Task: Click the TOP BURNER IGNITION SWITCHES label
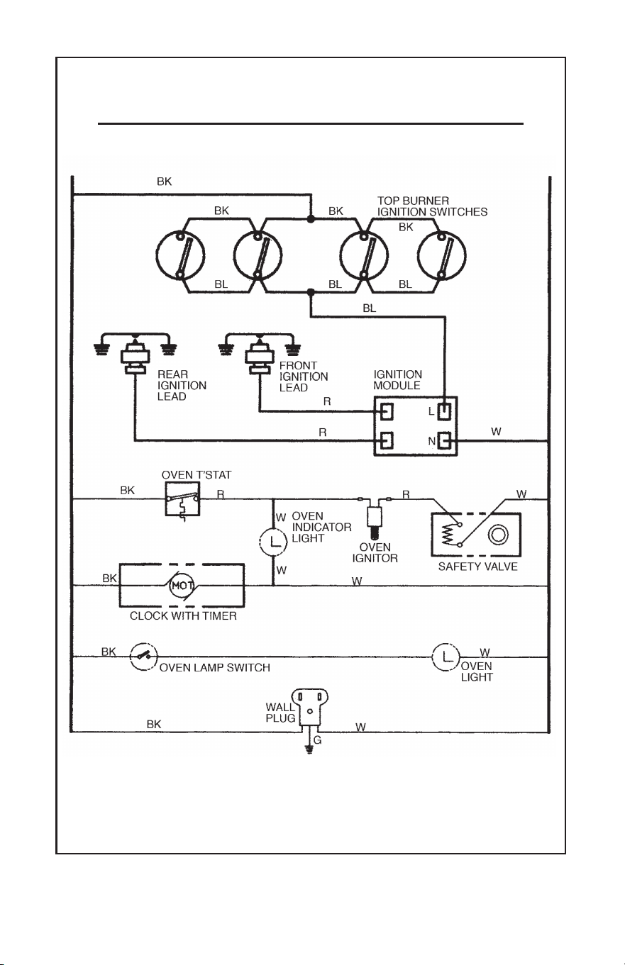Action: pyautogui.click(x=432, y=206)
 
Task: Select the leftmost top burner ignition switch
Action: pyautogui.click(x=180, y=255)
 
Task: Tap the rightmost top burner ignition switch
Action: pyautogui.click(x=442, y=255)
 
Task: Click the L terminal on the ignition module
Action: pyautogui.click(x=444, y=411)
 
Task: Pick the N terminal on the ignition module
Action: pyautogui.click(x=444, y=441)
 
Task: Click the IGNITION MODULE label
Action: pyautogui.click(x=397, y=379)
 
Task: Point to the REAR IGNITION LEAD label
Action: pyautogui.click(x=182, y=385)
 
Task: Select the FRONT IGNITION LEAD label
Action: pyautogui.click(x=304, y=376)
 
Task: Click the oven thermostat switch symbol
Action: pyautogui.click(x=182, y=499)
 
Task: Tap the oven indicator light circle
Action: pyautogui.click(x=273, y=541)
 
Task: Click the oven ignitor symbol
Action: pyautogui.click(x=374, y=518)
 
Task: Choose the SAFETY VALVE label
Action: pyautogui.click(x=477, y=567)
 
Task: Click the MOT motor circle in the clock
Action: pyautogui.click(x=182, y=586)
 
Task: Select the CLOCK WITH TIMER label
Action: pyautogui.click(x=183, y=616)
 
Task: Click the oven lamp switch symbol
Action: pyautogui.click(x=143, y=657)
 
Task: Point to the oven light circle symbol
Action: pyautogui.click(x=446, y=657)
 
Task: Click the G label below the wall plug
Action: pyautogui.click(x=318, y=740)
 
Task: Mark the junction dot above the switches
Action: pyautogui.click(x=310, y=219)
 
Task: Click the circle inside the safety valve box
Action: pyautogui.click(x=498, y=535)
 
